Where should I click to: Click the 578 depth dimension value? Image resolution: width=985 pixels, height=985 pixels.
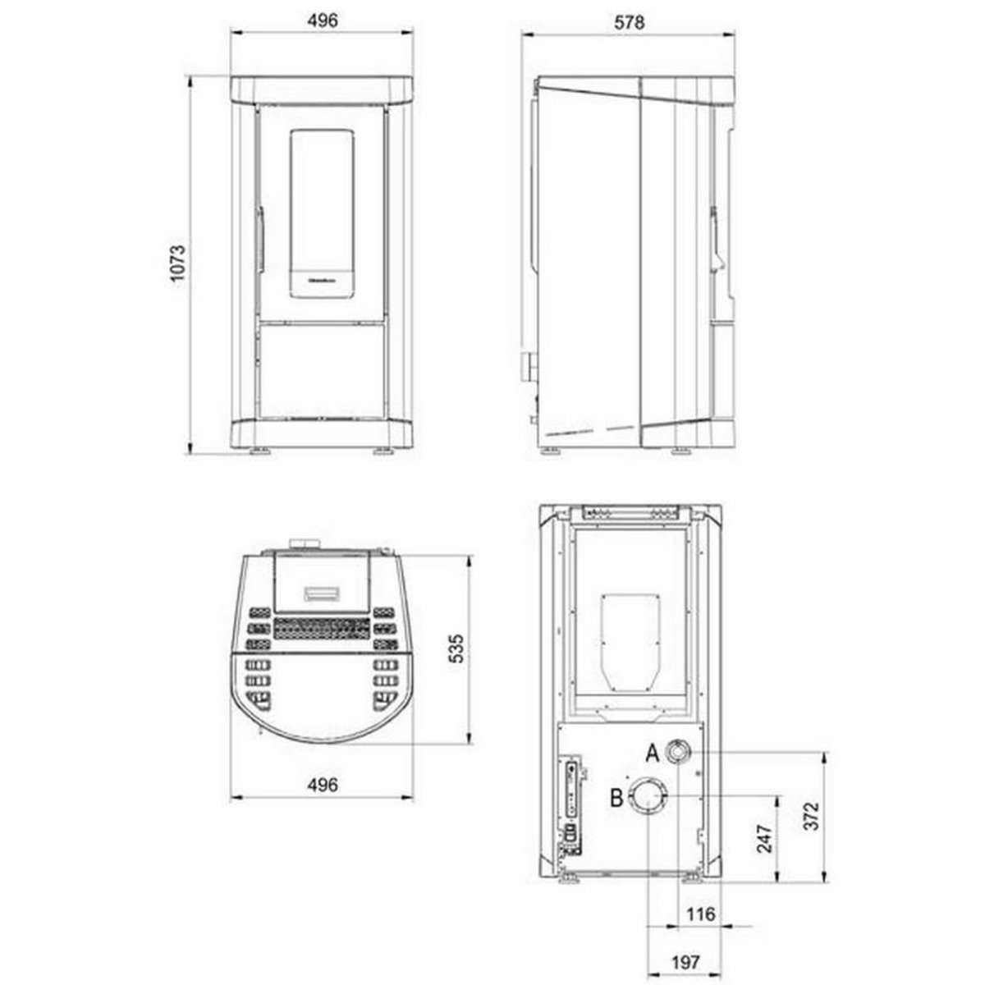pos(629,23)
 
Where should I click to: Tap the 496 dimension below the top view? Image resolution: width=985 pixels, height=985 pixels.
pos(323,786)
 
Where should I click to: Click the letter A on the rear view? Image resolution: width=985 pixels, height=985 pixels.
pos(653,751)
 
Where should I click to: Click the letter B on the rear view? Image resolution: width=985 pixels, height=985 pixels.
pos(617,796)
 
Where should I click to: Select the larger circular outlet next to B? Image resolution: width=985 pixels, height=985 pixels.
pos(648,796)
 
